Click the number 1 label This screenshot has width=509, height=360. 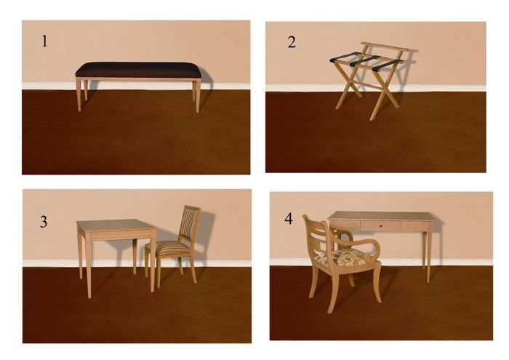44,41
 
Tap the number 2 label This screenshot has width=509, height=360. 292,42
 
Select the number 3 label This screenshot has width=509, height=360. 44,222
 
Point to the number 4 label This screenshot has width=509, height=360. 289,219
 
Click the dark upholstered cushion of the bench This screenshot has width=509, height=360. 138,70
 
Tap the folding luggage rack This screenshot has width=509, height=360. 369,80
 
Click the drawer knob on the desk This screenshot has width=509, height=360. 381,225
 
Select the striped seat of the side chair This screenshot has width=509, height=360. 168,248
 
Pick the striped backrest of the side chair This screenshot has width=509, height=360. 189,225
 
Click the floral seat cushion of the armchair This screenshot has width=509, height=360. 345,257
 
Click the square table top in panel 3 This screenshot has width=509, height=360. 116,225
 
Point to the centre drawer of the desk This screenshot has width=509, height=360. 381,225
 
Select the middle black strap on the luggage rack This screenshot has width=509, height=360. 365,61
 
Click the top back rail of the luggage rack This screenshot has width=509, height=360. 385,47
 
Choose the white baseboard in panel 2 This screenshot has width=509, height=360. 376,88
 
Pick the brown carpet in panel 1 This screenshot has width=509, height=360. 136,140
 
